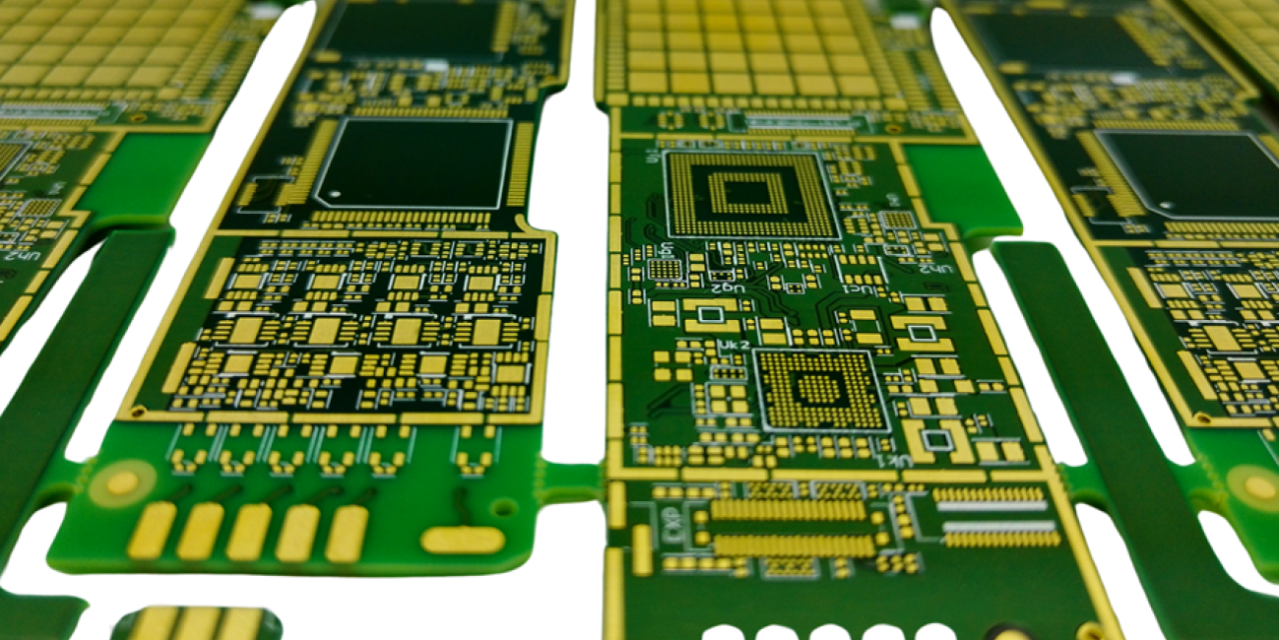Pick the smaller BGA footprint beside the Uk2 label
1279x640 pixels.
(821, 390)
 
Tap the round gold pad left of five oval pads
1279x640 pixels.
(122, 483)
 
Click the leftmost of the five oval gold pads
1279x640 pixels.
(152, 530)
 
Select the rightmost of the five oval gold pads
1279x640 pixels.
(347, 533)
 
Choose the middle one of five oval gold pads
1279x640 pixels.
(249, 532)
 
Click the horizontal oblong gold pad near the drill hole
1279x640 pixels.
(463, 540)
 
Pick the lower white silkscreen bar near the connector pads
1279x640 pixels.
(999, 527)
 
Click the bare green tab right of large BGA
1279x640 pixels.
(959, 190)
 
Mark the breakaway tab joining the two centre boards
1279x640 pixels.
(572, 481)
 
